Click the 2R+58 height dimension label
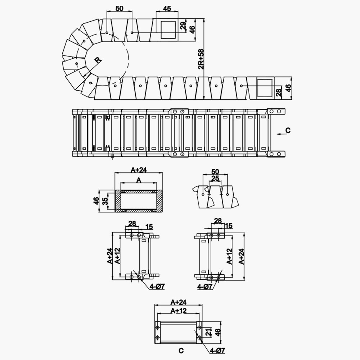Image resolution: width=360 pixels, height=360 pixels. click(x=201, y=59)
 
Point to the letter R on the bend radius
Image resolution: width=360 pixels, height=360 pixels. click(x=98, y=60)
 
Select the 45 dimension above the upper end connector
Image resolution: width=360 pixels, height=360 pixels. click(x=167, y=9)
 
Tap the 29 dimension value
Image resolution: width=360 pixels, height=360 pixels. click(x=183, y=25)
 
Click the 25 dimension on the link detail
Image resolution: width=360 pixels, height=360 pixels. click(x=215, y=179)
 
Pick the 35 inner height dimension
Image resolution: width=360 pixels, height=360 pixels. click(x=105, y=201)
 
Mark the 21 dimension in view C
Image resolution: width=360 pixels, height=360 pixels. click(x=208, y=332)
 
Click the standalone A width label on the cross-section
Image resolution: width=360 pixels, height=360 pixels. click(x=139, y=180)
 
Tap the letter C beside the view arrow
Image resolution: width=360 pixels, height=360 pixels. click(x=288, y=130)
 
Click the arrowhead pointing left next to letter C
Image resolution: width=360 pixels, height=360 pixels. click(x=279, y=134)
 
